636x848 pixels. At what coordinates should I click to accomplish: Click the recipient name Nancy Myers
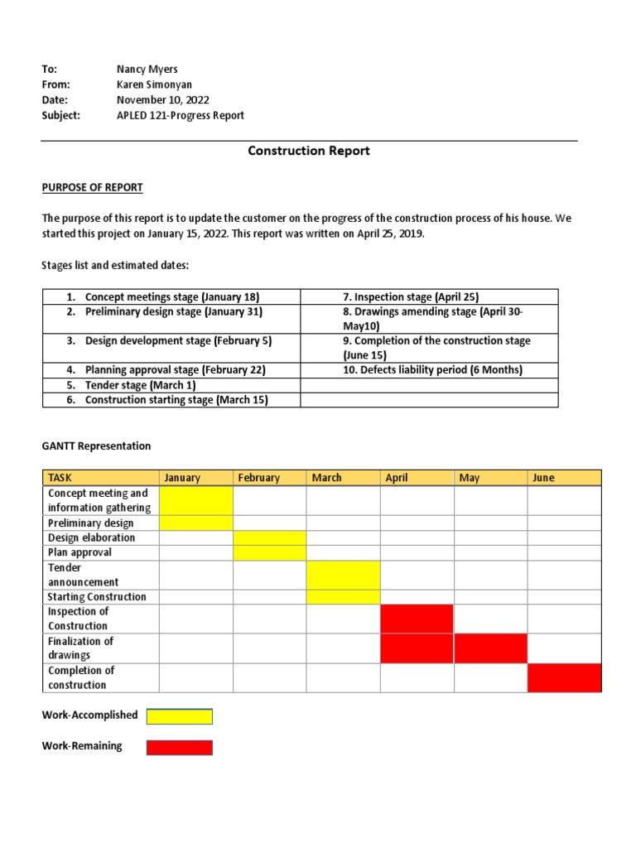click(147, 70)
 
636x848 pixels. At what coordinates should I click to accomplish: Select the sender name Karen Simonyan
click(153, 84)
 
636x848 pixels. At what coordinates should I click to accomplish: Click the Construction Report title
click(309, 151)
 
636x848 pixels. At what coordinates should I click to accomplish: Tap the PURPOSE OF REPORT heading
click(92, 188)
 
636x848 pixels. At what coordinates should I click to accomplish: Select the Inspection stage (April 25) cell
click(411, 296)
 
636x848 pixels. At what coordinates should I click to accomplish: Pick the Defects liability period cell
click(432, 370)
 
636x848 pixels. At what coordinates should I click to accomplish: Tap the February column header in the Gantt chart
click(259, 478)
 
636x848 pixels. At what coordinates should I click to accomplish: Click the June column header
click(543, 478)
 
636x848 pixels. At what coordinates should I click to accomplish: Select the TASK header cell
click(60, 478)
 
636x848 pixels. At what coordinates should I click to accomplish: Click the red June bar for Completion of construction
click(564, 677)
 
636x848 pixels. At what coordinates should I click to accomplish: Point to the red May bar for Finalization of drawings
click(490, 648)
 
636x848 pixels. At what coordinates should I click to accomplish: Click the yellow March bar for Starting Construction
click(343, 597)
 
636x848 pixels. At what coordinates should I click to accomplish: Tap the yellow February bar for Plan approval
click(269, 552)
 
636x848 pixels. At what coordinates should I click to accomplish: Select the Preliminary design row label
click(91, 523)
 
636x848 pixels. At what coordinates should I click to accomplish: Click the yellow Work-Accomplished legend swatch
click(179, 716)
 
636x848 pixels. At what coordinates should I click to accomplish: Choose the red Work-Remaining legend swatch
click(179, 747)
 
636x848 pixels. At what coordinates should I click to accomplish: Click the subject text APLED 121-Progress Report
click(181, 116)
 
